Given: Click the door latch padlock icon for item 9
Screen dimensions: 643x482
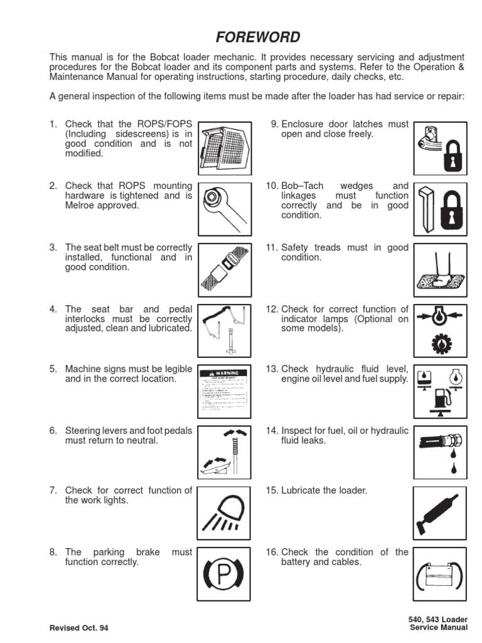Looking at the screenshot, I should (440, 148).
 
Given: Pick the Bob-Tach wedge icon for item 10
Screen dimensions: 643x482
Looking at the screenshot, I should (440, 209).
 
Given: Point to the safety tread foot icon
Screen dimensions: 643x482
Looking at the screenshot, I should (440, 270).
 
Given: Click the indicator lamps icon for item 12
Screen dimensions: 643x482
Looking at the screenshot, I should (440, 331).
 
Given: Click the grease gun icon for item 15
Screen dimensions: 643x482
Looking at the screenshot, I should (440, 514).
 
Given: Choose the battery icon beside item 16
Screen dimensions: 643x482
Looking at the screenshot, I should (440, 575).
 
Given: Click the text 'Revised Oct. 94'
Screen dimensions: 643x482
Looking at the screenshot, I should (83, 627).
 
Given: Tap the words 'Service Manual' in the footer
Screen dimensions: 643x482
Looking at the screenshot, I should (438, 627).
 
